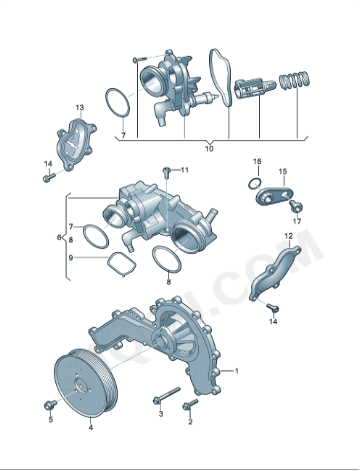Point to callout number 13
(x=79, y=106)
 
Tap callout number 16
(x=256, y=161)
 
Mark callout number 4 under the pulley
(x=90, y=427)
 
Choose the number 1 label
(x=237, y=370)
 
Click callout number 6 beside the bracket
(x=60, y=238)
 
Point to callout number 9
(x=70, y=257)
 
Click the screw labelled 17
(x=295, y=204)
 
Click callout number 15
(x=283, y=171)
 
